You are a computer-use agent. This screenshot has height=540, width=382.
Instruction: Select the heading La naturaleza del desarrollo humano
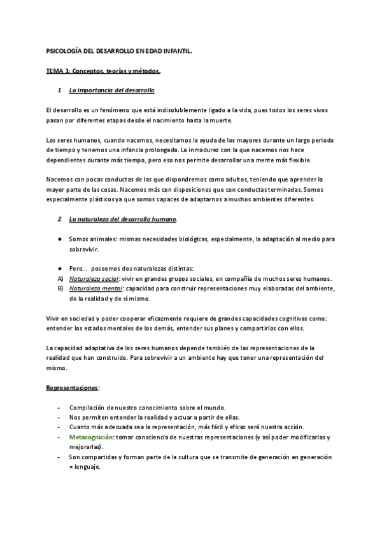(123, 220)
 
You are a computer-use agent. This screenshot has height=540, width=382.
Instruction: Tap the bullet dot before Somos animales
(59, 239)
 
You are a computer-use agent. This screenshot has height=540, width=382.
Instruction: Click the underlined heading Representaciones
(72, 387)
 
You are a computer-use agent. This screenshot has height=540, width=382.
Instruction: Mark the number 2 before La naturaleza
(59, 220)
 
